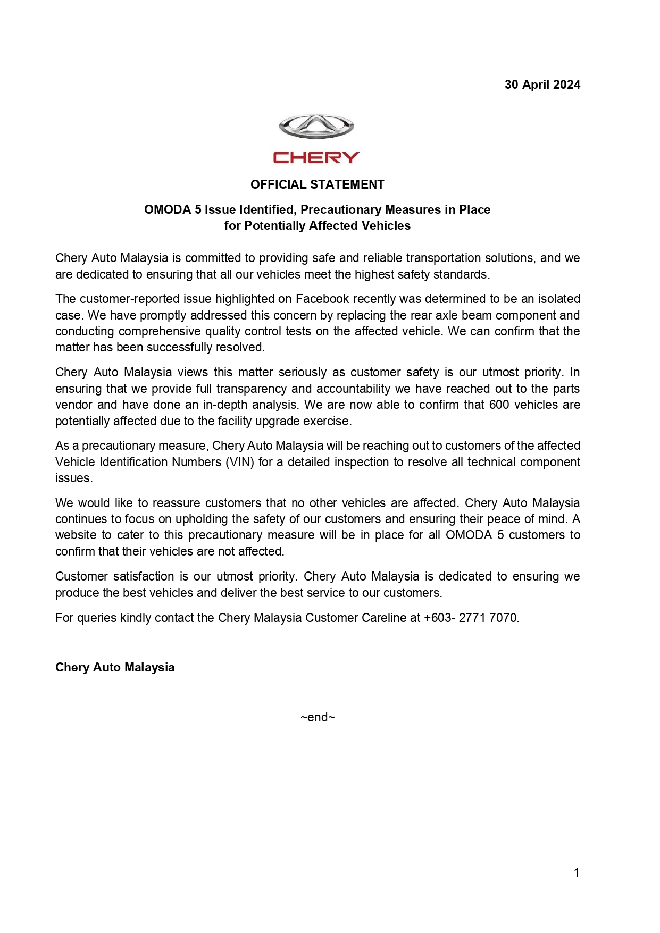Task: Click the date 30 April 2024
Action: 542,85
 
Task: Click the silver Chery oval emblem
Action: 316,126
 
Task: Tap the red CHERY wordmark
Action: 316,157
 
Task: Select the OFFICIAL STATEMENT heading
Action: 317,184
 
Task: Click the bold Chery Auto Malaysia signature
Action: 115,667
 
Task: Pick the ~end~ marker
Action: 318,717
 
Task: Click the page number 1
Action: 577,872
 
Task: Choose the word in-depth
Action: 225,405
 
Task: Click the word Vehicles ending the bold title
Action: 385,225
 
